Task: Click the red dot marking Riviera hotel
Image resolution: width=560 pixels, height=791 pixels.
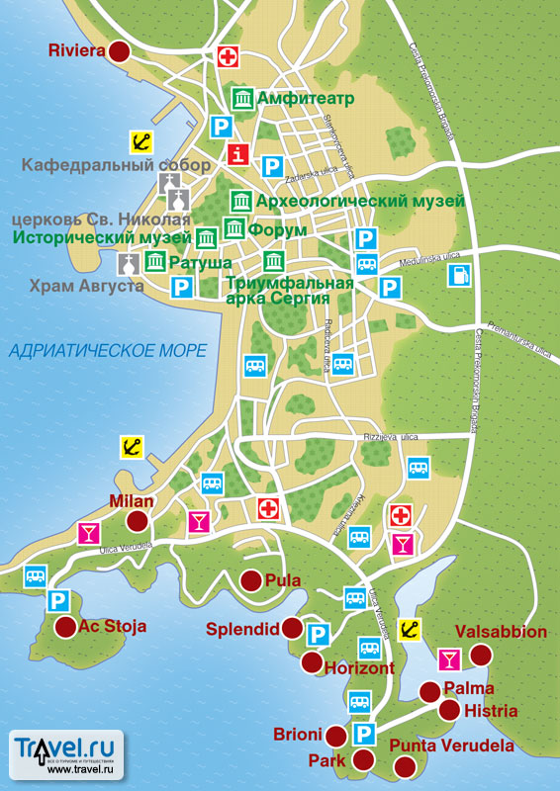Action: pyautogui.click(x=120, y=52)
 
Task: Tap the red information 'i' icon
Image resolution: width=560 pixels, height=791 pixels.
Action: pyautogui.click(x=238, y=153)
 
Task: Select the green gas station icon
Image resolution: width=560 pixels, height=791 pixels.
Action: pyautogui.click(x=458, y=275)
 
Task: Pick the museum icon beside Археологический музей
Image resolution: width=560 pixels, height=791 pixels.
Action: pyautogui.click(x=240, y=201)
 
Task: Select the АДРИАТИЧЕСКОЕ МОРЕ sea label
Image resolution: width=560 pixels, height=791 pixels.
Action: pyautogui.click(x=109, y=351)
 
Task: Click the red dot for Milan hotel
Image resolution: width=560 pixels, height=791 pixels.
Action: pyautogui.click(x=138, y=521)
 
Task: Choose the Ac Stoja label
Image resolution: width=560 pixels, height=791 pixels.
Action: pyautogui.click(x=113, y=626)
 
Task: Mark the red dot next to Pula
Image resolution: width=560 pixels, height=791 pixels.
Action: pyautogui.click(x=250, y=580)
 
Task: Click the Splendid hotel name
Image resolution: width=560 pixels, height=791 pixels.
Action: pyautogui.click(x=241, y=628)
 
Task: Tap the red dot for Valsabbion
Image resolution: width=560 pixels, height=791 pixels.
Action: pyautogui.click(x=481, y=655)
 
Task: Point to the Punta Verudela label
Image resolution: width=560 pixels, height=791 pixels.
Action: pyautogui.click(x=451, y=746)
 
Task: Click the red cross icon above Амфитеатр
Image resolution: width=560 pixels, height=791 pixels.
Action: pyautogui.click(x=230, y=55)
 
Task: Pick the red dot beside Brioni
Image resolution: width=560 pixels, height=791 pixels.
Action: pyautogui.click(x=336, y=735)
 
